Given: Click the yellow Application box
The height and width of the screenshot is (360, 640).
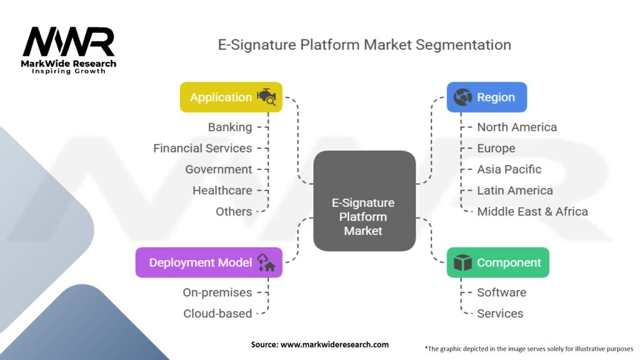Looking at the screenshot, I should (231, 97).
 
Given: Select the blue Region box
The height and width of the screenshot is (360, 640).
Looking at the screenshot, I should (486, 97).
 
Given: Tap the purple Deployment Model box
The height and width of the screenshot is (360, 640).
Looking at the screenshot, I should (209, 262).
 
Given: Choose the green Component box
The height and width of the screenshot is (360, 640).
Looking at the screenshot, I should (497, 262).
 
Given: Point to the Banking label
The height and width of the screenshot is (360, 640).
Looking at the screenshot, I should (230, 127).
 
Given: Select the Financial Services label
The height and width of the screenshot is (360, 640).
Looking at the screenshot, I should (202, 148).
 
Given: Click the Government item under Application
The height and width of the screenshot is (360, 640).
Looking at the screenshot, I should (219, 169).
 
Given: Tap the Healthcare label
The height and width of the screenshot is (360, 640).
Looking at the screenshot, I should (222, 191).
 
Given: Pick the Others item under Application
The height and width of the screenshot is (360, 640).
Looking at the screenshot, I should (234, 211).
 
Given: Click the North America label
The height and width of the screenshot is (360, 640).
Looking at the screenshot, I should (517, 127).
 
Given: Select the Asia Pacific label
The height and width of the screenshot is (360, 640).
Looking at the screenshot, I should (509, 169).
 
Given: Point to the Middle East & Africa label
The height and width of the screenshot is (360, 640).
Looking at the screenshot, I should (532, 211).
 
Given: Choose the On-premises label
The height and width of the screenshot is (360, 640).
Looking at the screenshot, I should (217, 292).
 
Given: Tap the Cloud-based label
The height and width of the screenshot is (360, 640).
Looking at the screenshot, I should (217, 314).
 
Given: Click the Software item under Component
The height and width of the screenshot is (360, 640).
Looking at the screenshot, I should (502, 292).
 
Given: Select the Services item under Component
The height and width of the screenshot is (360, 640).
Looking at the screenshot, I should (500, 314).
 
